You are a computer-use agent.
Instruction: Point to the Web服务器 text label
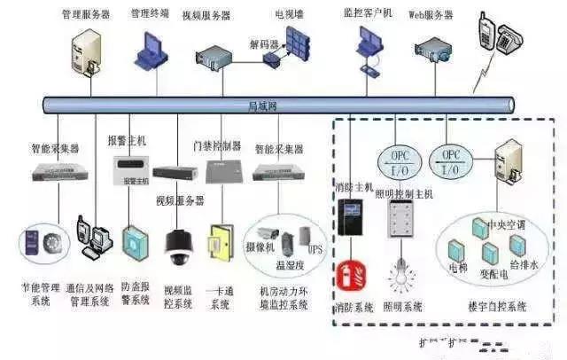coord(430,15)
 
